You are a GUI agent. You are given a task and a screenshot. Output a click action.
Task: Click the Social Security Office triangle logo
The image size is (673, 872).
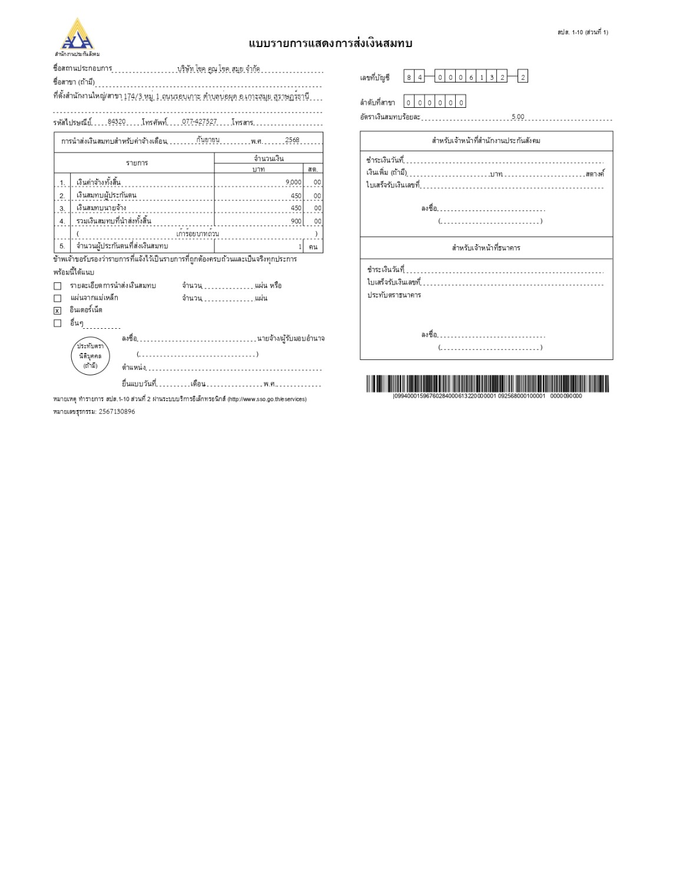coord(78,35)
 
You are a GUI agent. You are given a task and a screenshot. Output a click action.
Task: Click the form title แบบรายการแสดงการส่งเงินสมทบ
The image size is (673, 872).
coord(330,44)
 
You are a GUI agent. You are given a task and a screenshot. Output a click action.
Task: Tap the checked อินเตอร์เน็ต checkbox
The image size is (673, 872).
coord(57,311)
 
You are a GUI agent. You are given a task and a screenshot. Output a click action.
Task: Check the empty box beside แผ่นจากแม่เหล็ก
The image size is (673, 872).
coord(57,298)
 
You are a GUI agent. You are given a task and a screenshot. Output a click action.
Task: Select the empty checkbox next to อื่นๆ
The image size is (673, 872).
coord(57,323)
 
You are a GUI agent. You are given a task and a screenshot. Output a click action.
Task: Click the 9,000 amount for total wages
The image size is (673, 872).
coord(293,182)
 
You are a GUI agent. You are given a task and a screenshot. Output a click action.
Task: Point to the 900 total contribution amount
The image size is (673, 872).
coord(296,222)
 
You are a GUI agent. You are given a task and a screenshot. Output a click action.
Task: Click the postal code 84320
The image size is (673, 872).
coord(117,122)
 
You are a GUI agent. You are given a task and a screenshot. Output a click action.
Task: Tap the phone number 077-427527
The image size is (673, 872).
coord(199,122)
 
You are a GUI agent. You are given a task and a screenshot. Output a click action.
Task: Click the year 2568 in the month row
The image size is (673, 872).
coord(292,140)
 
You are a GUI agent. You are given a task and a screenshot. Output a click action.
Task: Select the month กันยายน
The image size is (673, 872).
coord(208,140)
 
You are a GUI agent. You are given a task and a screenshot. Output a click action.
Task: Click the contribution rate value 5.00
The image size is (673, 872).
coord(518,117)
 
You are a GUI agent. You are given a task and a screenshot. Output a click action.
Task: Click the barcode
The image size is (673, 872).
coord(488,384)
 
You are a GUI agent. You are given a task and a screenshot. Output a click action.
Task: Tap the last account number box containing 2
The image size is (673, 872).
coord(523,77)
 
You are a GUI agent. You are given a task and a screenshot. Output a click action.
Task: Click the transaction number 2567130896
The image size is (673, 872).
coord(117,412)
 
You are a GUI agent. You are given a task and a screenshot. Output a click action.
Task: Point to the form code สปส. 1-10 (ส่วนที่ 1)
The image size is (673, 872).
coord(582,32)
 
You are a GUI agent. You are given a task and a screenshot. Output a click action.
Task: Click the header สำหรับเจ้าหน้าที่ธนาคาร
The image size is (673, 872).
coord(486,248)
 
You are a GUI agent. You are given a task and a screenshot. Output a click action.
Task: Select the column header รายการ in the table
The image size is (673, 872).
coord(137,163)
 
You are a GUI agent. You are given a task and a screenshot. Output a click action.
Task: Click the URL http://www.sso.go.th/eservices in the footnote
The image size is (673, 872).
coord(267,399)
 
